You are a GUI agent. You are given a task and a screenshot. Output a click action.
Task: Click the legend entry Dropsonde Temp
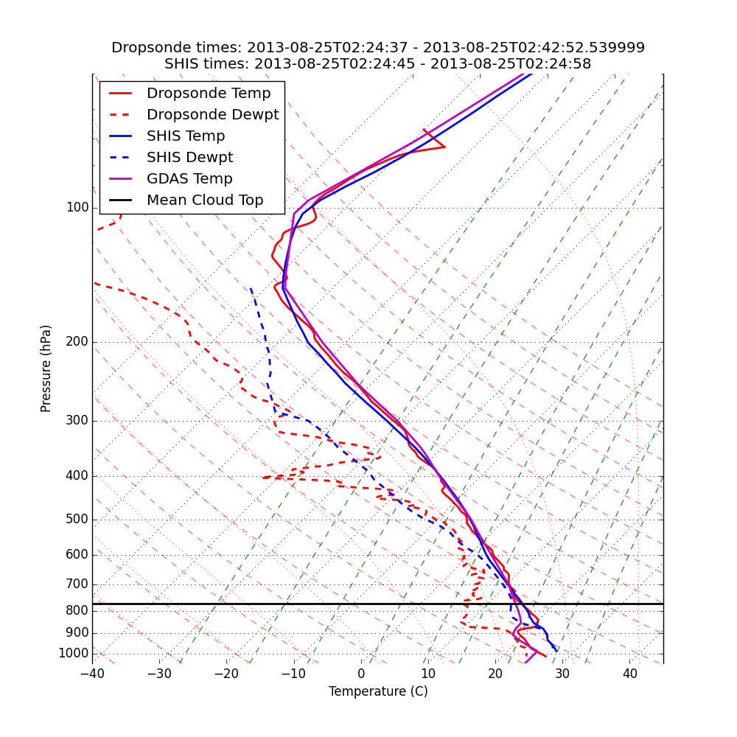(209, 94)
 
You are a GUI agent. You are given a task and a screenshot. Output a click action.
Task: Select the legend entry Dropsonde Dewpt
(212, 115)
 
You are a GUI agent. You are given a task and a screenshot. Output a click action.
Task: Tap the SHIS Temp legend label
(186, 136)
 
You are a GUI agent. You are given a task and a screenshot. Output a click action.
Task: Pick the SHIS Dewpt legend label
(189, 158)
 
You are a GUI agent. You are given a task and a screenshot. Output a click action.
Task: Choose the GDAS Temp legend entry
(189, 179)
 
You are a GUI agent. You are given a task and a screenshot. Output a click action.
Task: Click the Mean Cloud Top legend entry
(205, 200)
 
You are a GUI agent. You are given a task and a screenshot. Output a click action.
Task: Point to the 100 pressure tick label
(77, 208)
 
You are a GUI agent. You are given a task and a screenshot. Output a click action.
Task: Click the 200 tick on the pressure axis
(77, 342)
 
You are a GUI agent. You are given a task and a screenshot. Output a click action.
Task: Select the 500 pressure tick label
(77, 520)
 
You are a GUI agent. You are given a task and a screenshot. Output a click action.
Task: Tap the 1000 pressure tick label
(73, 654)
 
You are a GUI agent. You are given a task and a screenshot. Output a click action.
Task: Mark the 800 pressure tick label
(77, 611)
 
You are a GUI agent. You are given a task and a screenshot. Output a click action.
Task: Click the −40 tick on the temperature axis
(92, 674)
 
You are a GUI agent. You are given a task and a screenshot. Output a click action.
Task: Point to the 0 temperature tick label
(361, 674)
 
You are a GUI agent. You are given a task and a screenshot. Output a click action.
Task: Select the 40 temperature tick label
(629, 674)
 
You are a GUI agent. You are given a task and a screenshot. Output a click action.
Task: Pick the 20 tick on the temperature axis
(495, 674)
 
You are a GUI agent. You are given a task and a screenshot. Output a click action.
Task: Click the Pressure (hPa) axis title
(46, 368)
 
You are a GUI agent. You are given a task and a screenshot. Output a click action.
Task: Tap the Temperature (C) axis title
(378, 691)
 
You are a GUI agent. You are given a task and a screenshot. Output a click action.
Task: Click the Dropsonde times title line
(378, 48)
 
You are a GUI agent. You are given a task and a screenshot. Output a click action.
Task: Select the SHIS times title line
(378, 64)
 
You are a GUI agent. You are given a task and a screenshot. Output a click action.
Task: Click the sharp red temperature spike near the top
(444, 147)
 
